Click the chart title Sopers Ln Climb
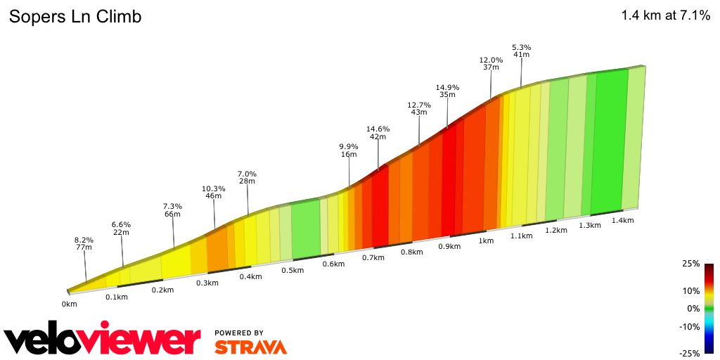click(75, 17)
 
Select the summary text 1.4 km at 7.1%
click(665, 16)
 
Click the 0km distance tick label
click(69, 304)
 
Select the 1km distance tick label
click(485, 240)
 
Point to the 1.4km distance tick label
click(623, 220)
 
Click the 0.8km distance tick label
click(411, 252)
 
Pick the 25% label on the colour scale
click(691, 264)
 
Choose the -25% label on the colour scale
click(690, 354)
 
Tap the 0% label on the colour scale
click(693, 309)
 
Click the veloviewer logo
click(102, 340)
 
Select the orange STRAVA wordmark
click(250, 347)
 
